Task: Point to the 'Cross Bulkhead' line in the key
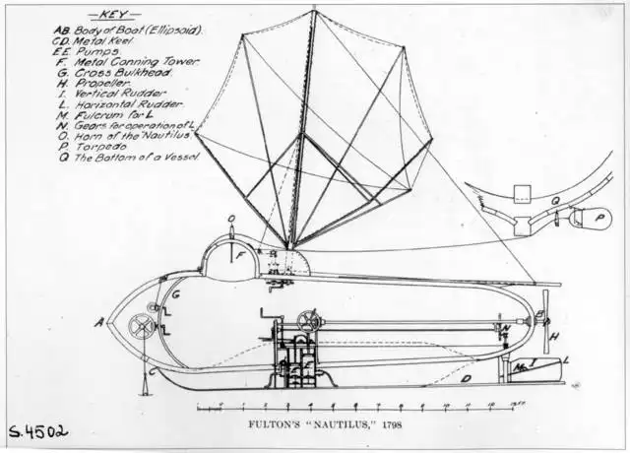point(122,73)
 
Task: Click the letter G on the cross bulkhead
point(175,293)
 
